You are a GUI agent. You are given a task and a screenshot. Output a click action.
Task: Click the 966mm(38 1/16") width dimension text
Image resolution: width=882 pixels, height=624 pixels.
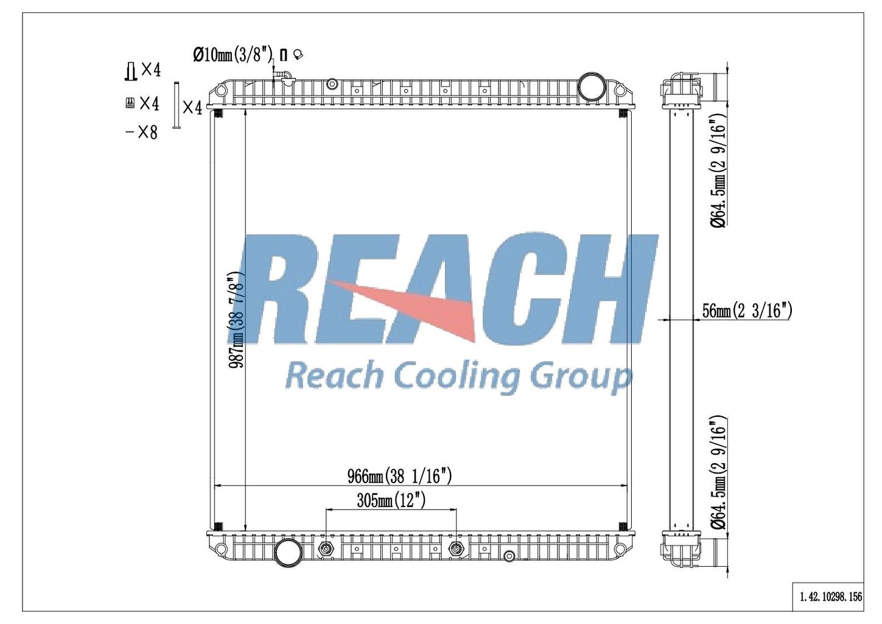pos(399,477)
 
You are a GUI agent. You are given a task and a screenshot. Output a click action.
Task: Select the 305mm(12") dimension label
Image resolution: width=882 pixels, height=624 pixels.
pos(391,501)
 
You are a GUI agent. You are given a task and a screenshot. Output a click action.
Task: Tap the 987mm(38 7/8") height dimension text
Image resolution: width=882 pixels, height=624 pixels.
pos(236,320)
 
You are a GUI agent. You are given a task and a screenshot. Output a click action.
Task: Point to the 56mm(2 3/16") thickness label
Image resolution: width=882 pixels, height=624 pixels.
pos(747,311)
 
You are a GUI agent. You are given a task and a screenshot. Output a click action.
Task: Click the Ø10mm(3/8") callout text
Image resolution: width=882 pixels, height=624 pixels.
pos(233,54)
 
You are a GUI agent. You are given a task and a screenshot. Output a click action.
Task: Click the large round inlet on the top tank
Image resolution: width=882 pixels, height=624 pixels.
pos(592,88)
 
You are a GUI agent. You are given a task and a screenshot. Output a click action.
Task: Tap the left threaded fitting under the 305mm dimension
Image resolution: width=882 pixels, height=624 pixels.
pos(326,548)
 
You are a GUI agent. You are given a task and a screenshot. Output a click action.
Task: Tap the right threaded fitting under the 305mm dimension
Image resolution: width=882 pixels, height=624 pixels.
pos(457,548)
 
